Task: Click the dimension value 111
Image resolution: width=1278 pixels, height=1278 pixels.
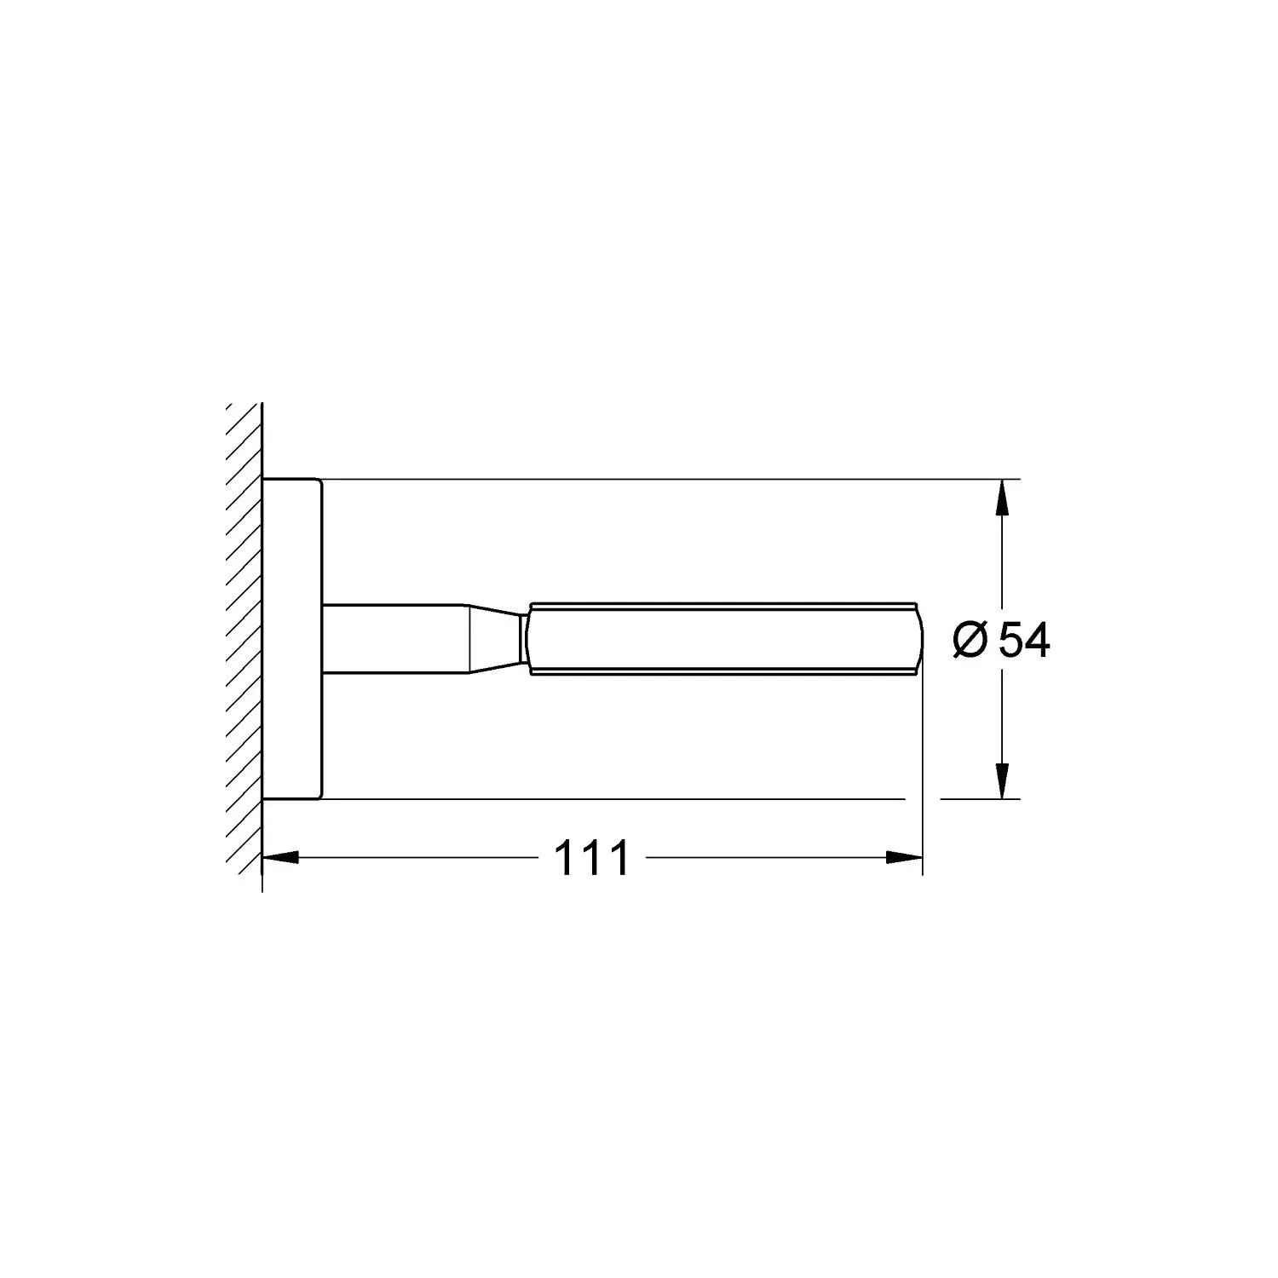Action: pos(591,858)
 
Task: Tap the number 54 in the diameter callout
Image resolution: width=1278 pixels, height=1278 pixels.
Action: pos(1024,640)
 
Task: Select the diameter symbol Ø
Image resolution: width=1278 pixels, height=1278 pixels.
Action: pos(971,641)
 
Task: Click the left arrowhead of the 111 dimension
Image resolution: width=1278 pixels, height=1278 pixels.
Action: pos(281,858)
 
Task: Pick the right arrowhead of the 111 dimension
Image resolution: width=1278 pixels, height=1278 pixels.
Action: pos(904,858)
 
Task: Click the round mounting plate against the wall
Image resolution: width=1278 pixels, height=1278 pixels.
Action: pos(292,639)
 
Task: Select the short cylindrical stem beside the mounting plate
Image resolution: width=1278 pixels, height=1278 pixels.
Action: pos(394,639)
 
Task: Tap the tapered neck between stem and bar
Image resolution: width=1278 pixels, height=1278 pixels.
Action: pos(494,639)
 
